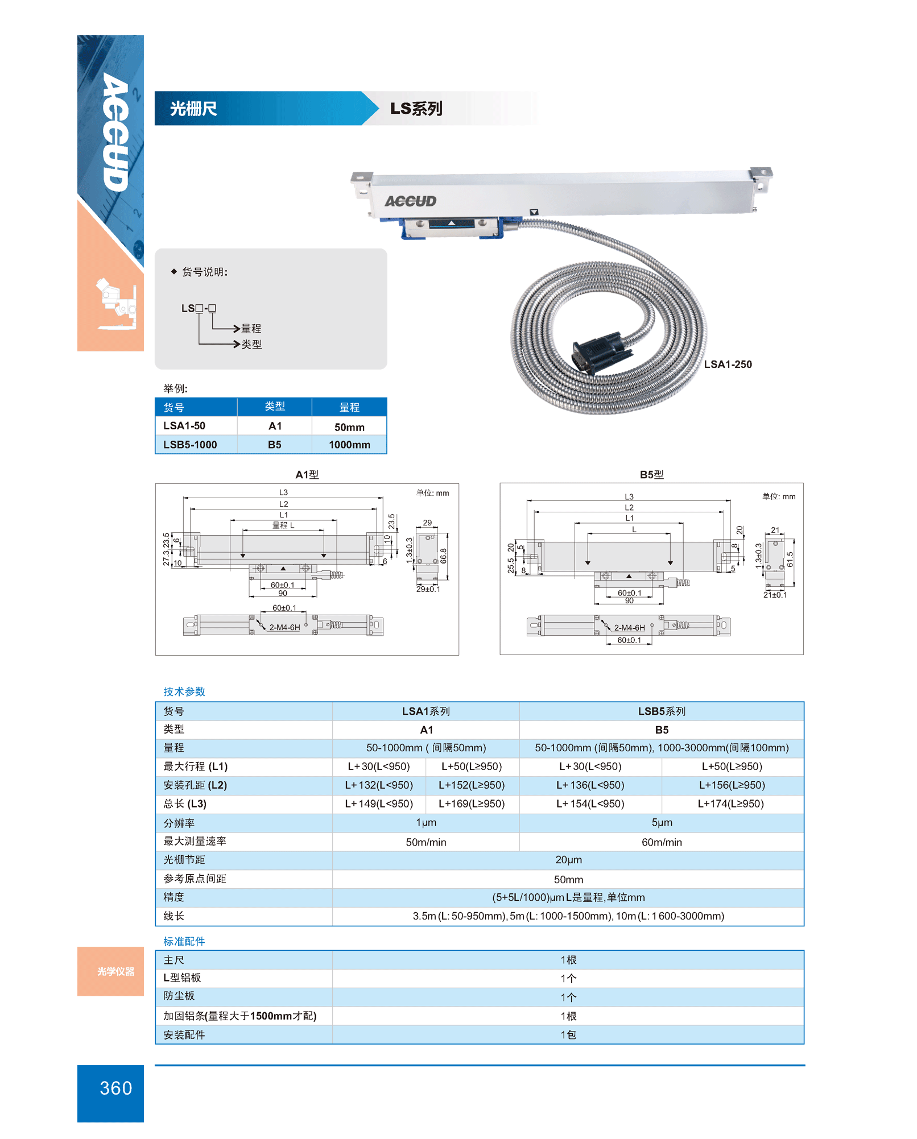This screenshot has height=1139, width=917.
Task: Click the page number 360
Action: [115, 1088]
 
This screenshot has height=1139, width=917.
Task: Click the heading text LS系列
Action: [416, 109]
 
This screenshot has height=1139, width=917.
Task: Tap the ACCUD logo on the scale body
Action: [410, 201]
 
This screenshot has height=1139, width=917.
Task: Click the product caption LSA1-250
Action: [728, 365]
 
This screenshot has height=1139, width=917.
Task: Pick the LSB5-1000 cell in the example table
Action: [190, 445]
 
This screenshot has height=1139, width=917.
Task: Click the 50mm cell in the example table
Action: [349, 427]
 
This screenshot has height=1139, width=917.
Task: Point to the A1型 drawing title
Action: [307, 475]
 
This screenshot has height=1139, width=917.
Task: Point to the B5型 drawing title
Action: [651, 475]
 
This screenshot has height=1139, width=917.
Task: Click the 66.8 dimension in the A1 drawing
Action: [444, 556]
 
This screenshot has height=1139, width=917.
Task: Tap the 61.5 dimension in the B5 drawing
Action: [790, 559]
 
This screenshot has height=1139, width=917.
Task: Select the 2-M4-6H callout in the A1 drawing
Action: [284, 627]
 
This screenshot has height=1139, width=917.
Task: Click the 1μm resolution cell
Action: [426, 822]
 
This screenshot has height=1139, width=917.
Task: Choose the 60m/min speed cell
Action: [661, 842]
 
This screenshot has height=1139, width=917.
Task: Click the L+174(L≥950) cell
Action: [730, 803]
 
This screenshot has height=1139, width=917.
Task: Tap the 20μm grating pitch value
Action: [568, 860]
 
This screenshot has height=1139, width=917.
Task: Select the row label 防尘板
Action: [179, 996]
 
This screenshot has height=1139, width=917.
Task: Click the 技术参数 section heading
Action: [184, 691]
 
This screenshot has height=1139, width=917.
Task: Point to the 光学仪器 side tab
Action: [115, 971]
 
